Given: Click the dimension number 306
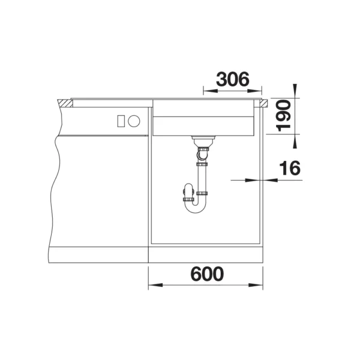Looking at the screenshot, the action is (233, 79).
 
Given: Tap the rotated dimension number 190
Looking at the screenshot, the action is (283, 115).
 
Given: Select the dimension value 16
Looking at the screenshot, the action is (290, 168).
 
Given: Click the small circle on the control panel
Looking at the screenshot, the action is (134, 121).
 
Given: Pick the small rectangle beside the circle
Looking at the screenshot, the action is (121, 121).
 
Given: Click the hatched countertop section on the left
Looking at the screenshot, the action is (65, 103).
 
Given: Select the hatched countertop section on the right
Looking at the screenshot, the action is (263, 103).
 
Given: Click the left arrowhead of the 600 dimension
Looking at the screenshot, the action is (155, 285).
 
